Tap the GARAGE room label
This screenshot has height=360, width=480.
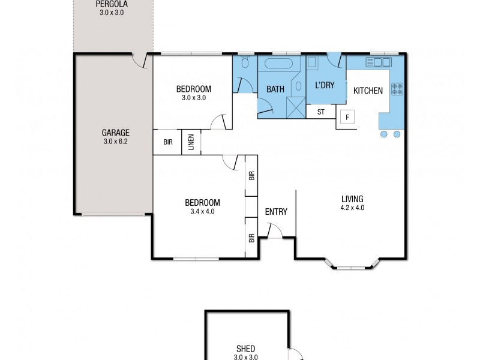point(116,133)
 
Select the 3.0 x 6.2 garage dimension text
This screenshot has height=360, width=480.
point(116,142)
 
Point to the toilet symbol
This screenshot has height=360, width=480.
point(244,63)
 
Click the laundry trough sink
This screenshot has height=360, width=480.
point(313,63)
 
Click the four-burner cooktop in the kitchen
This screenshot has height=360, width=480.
point(397,89)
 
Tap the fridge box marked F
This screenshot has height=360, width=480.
point(347,117)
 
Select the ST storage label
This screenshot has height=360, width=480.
point(320,112)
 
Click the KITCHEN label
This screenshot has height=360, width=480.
point(368,91)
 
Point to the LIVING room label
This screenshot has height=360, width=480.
point(352,199)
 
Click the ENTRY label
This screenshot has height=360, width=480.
point(276,211)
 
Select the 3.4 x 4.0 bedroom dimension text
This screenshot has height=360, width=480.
point(202,211)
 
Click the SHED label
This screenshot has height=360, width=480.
point(246,349)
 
